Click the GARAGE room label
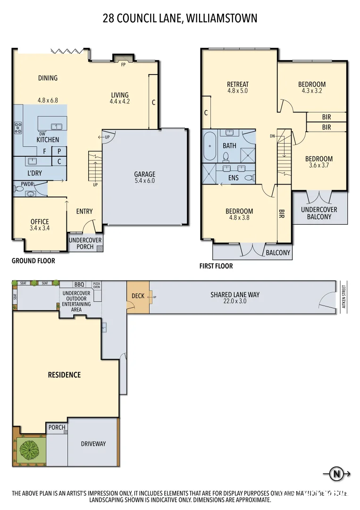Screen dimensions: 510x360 (x=144, y=174)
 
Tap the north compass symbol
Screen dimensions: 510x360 (x=336, y=474)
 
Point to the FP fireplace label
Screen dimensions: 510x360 (x=124, y=64)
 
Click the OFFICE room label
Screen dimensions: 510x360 (x=40, y=221)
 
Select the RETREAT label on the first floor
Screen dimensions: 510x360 (x=237, y=85)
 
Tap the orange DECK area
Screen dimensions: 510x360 (x=138, y=297)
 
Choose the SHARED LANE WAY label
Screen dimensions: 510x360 (x=234, y=295)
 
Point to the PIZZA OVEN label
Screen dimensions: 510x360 (x=97, y=285)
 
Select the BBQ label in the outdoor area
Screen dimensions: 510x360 (x=79, y=285)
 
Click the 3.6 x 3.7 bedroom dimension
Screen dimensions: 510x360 (x=318, y=166)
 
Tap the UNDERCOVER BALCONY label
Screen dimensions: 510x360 (x=319, y=213)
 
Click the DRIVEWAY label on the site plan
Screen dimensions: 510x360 (x=93, y=443)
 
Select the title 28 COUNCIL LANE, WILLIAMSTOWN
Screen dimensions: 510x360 (x=180, y=18)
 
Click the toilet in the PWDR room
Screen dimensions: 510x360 (x=19, y=188)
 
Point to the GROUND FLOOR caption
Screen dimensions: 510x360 (x=33, y=261)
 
